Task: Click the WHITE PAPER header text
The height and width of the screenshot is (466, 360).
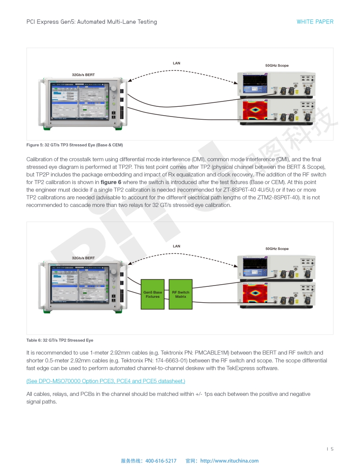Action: coord(315,22)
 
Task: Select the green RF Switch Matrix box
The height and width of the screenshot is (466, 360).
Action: coord(180,294)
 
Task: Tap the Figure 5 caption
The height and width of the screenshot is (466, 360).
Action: coord(75,145)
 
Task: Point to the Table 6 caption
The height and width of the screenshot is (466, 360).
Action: coord(60,340)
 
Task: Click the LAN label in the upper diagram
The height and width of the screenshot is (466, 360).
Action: coord(176,63)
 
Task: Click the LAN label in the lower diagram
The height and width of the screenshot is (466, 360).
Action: coord(176,246)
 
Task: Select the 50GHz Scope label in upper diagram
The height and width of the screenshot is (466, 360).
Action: coord(277,65)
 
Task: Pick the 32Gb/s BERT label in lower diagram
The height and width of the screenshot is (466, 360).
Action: coord(83,258)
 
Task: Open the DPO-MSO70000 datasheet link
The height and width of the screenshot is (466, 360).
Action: coord(106,381)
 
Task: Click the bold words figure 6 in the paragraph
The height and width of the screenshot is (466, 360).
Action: coord(114,182)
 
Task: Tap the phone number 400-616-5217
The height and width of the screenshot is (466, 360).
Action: coord(161,461)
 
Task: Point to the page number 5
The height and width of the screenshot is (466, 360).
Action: coord(332,449)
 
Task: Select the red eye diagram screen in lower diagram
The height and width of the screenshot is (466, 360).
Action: coord(255,293)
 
